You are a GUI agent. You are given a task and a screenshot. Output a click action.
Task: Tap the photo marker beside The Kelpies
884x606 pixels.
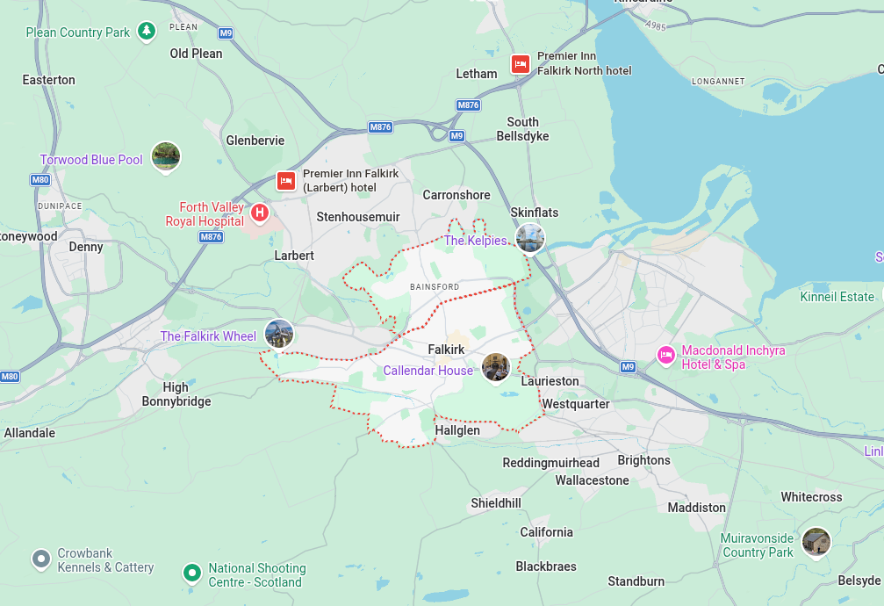pos(530,237)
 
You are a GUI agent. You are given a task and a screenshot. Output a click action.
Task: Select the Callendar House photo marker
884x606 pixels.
pos(496,367)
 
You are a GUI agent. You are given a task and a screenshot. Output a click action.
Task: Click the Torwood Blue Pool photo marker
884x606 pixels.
pos(166,156)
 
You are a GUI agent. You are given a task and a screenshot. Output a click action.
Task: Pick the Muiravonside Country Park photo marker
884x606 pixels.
pos(816,541)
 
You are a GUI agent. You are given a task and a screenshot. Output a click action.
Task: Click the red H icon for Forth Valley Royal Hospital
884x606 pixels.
pos(260,213)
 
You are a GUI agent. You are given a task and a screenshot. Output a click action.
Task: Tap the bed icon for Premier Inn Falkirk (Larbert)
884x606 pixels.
pos(285,181)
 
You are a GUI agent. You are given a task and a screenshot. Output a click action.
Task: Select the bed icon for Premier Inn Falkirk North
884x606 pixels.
pos(520,64)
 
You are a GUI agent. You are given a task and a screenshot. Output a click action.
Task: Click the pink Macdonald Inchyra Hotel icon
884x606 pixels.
pos(666,355)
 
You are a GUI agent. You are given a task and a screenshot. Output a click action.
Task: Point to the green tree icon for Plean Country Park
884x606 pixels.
pos(147,32)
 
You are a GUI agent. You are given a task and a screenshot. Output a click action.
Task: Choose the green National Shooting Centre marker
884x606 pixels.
pos(191,574)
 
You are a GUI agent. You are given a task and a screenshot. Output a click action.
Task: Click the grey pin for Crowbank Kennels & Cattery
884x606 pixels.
pos(40,559)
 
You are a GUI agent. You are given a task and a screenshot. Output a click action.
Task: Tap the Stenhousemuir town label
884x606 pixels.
pos(358,217)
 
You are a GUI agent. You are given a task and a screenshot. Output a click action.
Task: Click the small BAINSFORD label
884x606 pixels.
pos(435,287)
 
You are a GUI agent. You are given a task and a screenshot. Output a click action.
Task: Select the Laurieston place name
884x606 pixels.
pos(550,381)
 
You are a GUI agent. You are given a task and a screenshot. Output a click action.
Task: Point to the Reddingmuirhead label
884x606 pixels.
pos(550,463)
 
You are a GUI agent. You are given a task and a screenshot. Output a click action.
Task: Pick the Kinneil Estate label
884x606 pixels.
pos(837,297)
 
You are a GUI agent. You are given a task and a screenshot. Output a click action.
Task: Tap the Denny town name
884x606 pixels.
pos(86,247)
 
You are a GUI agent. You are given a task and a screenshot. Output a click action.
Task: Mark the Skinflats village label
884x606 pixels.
pos(534,213)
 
